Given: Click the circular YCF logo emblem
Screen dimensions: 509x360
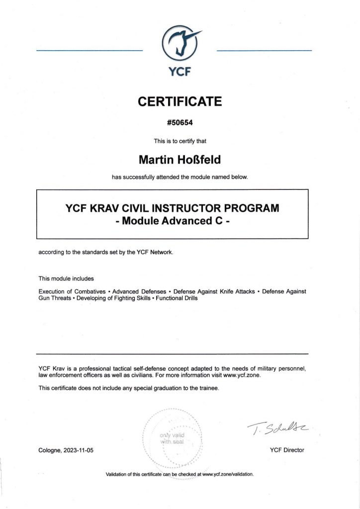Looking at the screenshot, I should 180,44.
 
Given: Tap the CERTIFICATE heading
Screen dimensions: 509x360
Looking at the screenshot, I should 180,102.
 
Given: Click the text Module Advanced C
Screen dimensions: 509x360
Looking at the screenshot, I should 173,221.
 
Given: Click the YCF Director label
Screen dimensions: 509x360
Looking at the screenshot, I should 286,450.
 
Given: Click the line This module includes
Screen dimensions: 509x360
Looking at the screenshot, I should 66,278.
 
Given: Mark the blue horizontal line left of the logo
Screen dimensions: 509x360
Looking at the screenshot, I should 90,51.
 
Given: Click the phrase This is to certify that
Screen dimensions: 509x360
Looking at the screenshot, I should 180,141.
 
